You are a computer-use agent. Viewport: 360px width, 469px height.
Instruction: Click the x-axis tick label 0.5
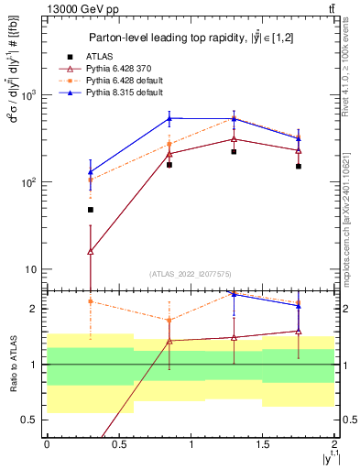pyautogui.click(x=118, y=443)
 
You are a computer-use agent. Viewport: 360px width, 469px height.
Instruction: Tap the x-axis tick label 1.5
pyautogui.click(x=263, y=443)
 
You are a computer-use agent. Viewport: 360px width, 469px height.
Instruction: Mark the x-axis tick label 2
pyautogui.click(x=335, y=443)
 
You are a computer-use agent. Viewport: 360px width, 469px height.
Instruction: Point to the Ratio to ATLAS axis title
pyautogui.click(x=13, y=364)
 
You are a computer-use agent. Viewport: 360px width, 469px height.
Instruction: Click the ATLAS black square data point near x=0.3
pyautogui.click(x=90, y=210)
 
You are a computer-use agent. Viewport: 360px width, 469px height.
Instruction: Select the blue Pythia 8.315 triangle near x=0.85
pyautogui.click(x=169, y=118)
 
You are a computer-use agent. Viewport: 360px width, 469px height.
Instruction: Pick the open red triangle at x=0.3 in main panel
pyautogui.click(x=90, y=251)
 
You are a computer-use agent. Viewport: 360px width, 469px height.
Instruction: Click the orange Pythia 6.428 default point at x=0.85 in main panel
pyautogui.click(x=169, y=144)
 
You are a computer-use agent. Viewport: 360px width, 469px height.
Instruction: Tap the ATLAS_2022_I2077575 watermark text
pyautogui.click(x=190, y=274)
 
